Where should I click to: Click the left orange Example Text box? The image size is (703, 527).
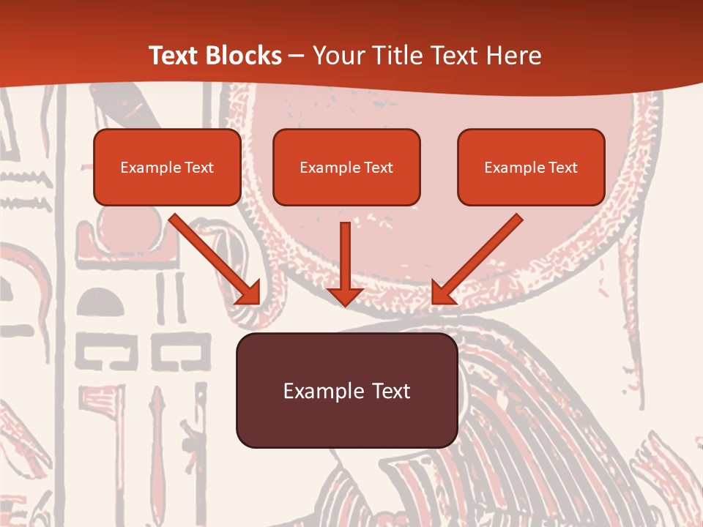167,168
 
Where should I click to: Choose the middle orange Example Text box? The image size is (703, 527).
346,168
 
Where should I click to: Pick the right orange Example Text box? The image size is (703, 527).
531,168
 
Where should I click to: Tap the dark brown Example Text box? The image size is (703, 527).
346,390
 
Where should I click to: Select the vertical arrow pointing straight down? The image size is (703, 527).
345,256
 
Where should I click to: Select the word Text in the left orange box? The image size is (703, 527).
199,168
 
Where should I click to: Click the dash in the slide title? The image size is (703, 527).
297,56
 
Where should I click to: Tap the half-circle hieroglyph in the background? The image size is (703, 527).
100,302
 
